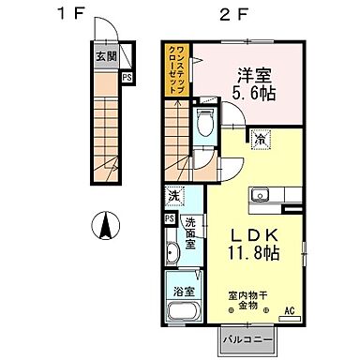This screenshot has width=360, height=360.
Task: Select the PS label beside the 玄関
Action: pyautogui.click(x=126, y=78)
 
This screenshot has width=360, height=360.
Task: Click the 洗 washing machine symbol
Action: pyautogui.click(x=173, y=197)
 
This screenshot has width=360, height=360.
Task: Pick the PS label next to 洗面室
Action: pyautogui.click(x=169, y=218)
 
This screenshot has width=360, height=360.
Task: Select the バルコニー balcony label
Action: pyautogui.click(x=247, y=336)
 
